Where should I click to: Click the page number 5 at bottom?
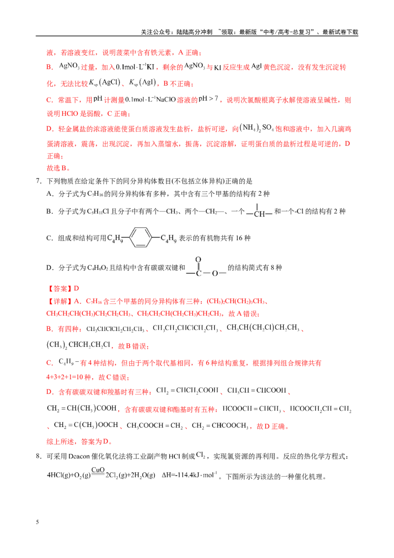coord(37,522)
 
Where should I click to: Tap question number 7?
coord(39,181)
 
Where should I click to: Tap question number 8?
coord(39,456)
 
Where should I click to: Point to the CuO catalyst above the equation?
coord(98,470)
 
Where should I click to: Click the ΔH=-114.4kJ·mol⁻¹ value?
coord(189,475)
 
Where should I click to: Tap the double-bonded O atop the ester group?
coord(198,259)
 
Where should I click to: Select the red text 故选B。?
coord(58,168)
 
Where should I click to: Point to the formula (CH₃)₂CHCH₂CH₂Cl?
coord(79,345)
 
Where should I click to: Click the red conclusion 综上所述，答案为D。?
coord(80,442)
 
